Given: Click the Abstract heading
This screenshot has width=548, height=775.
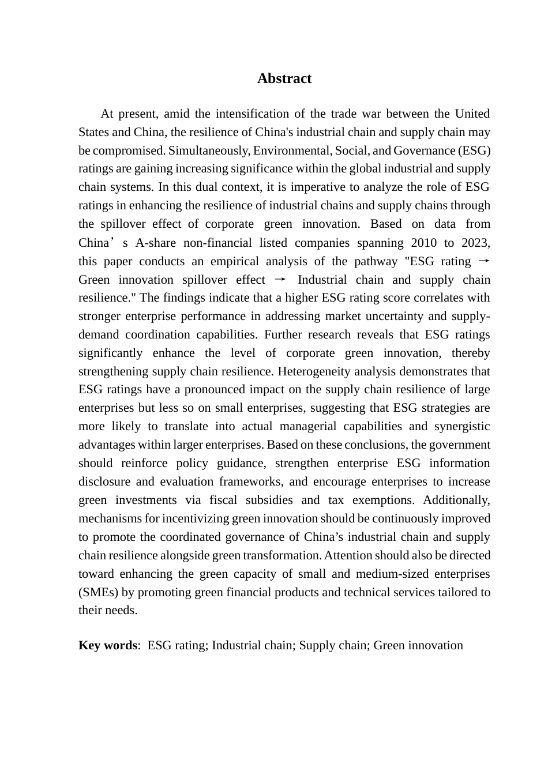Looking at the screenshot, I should point(284,78).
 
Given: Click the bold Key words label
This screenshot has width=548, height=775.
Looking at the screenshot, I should point(107,645).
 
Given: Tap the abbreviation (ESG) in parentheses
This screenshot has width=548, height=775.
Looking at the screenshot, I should point(474,151).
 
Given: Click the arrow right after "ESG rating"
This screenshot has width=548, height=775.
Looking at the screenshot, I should point(484,261).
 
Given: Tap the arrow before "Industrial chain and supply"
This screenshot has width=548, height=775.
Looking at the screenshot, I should point(280,280).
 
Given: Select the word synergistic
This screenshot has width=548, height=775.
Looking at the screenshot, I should point(460,426).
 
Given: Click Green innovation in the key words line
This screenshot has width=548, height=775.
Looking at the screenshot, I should point(418,645).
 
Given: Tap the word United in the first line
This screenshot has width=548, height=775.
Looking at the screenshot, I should point(472,114).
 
